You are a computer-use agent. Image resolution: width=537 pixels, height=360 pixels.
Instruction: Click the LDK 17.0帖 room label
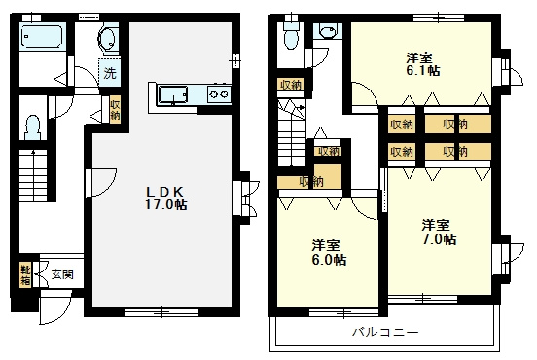coord(165,198)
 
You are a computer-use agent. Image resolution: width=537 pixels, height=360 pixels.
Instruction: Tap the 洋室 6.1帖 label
coord(423,63)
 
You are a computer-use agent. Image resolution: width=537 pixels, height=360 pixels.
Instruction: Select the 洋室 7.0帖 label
coord(439,232)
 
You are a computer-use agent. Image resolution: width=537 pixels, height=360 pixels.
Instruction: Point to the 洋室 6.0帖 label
coord(329,253)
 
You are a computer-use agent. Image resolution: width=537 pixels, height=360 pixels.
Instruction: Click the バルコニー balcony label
coord(385,332)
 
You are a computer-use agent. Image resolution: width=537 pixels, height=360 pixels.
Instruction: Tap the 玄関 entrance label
coord(62,274)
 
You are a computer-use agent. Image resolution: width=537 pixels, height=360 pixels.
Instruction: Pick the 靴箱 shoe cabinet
coord(25,275)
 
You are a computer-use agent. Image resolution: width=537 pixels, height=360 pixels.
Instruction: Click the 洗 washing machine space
coord(110,72)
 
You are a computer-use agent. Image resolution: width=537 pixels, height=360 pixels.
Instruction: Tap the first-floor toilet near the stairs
coord(32,127)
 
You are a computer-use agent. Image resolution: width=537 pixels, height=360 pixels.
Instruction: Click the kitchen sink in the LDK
coord(172,94)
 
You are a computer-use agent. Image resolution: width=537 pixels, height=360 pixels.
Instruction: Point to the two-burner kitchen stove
coord(219,93)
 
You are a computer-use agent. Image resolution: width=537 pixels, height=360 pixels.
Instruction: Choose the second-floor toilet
coord(291,35)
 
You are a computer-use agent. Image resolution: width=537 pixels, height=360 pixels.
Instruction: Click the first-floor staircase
coord(32,175)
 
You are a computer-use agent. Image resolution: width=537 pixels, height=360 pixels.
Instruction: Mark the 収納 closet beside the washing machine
coord(115,109)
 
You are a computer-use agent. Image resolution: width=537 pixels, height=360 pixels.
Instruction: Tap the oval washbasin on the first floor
coord(107,38)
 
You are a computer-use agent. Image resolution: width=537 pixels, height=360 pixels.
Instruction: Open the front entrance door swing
coord(54,307)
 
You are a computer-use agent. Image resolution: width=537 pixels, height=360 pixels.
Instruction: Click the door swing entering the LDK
coord(101,183)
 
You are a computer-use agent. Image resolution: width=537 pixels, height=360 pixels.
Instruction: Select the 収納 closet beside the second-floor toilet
coord(291,85)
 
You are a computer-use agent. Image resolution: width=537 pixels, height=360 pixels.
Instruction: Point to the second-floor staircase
coord(291,133)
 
